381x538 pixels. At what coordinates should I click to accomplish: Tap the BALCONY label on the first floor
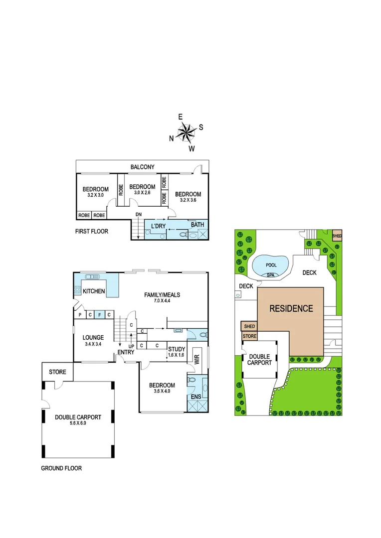(x=143, y=167)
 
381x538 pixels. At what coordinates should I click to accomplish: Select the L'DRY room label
(x=158, y=226)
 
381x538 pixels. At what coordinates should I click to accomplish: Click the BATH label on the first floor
(x=197, y=225)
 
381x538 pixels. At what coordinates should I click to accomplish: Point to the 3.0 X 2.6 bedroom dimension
(x=142, y=192)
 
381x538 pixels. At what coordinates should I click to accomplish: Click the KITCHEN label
(x=94, y=291)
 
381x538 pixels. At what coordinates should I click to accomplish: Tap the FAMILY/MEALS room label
(x=162, y=295)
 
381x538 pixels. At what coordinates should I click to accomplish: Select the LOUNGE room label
(x=93, y=338)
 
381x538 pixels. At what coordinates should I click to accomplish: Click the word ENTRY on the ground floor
(x=126, y=353)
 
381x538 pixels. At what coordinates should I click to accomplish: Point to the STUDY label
(x=177, y=349)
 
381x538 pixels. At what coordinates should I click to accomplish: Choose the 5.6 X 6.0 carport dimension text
(x=78, y=424)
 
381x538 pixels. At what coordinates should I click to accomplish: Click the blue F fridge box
(x=99, y=315)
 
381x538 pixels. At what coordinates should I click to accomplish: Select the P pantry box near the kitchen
(x=80, y=315)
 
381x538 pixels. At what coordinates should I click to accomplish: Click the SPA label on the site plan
(x=270, y=274)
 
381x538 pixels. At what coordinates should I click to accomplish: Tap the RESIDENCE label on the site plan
(x=291, y=308)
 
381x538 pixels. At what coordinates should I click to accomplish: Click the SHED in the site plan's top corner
(x=337, y=235)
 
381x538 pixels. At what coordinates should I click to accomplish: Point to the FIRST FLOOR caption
(x=91, y=231)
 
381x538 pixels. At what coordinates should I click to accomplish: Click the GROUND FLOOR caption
(x=61, y=468)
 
